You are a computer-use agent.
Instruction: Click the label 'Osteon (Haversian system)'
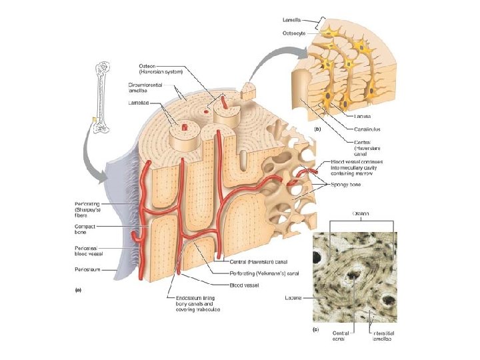pyautogui.click(x=154, y=69)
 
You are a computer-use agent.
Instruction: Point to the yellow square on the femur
pyautogui.click(x=95, y=120)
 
